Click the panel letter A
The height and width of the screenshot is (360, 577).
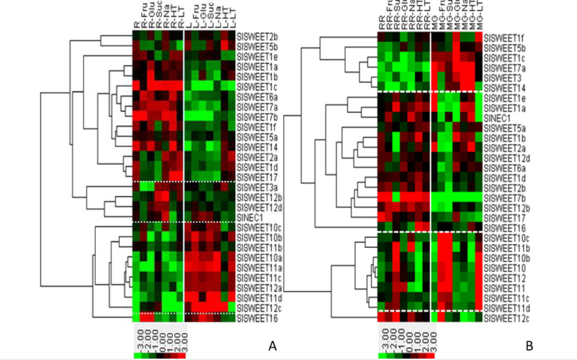click(271, 346)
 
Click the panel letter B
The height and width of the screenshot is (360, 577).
click(529, 347)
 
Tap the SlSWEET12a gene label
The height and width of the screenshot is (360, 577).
click(260, 288)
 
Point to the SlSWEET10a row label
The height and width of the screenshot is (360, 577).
click(260, 258)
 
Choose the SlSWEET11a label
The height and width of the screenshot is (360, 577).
click(260, 268)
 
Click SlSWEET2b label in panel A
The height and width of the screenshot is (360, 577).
click(258, 36)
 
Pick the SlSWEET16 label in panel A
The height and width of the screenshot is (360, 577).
click(258, 319)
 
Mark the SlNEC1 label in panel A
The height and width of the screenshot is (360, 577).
click(253, 217)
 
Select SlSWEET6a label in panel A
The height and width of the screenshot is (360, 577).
click(258, 96)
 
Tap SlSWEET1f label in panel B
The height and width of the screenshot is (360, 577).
click(502, 37)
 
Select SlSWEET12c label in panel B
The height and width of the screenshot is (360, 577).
click(505, 318)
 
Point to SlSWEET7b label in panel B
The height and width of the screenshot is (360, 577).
click(502, 197)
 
